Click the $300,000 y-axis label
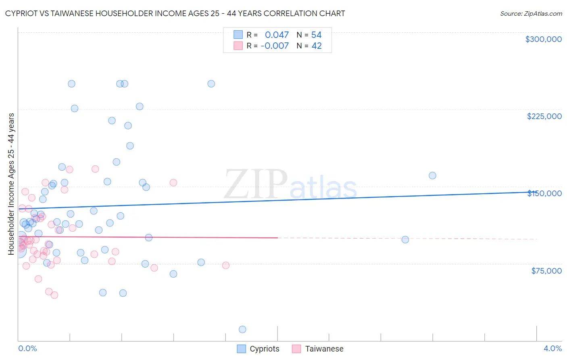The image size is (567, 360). tap(543, 39)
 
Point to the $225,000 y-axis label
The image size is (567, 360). tap(544, 116)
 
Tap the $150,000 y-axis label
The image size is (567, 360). tap(544, 193)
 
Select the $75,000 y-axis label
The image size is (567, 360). tap(546, 271)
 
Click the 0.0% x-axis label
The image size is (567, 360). tap(27, 348)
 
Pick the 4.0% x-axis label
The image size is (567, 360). tap(552, 348)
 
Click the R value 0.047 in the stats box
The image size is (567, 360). tap(277, 35)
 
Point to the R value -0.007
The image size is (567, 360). tap(275, 46)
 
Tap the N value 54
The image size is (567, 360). tap(316, 35)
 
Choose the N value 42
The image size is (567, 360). tap(317, 46)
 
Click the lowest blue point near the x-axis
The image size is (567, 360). tap(242, 329)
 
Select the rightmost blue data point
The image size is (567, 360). tap(432, 176)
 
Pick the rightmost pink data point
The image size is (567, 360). tap(226, 265)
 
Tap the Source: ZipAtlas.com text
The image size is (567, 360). tap(531, 14)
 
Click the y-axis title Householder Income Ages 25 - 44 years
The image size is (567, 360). tap(11, 184)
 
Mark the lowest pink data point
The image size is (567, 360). tap(54, 295)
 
